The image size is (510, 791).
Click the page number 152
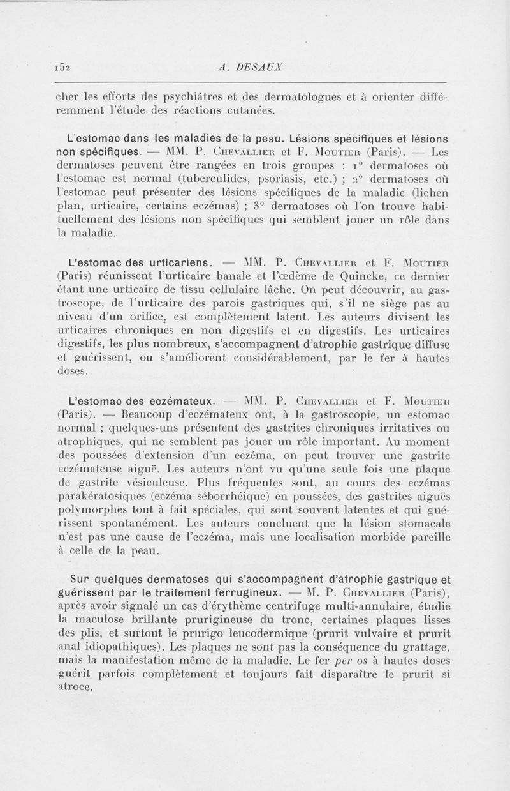point(62,66)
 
